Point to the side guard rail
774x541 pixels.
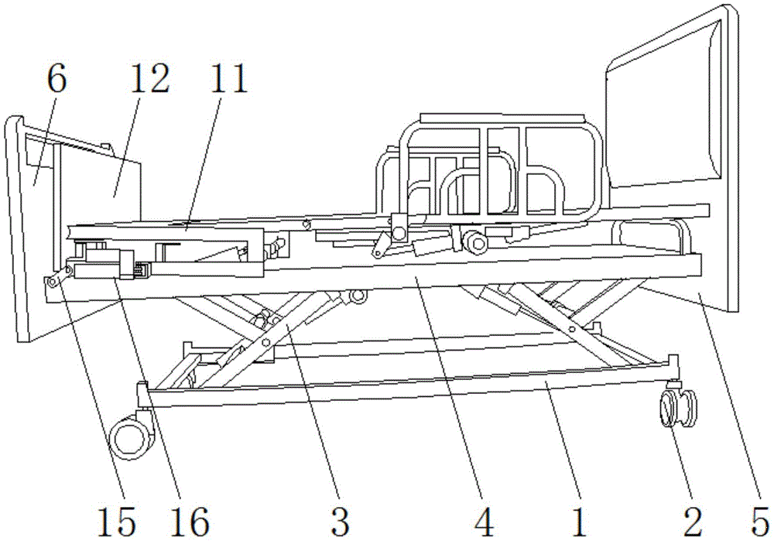click(488, 170)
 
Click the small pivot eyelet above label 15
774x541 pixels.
click(53, 282)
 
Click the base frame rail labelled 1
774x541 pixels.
click(402, 392)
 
